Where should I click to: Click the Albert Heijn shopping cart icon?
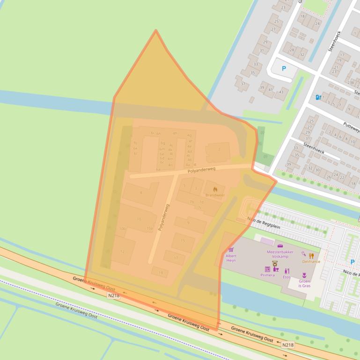[231, 250]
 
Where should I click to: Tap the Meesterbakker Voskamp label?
[280, 254]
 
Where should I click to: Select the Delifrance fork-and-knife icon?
[311, 256]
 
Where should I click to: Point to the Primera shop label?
[267, 275]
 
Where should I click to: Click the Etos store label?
[287, 277]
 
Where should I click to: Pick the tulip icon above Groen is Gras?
[305, 276]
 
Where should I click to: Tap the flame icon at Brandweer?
[215, 189]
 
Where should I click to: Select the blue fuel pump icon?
[318, 97]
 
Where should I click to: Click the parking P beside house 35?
[283, 69]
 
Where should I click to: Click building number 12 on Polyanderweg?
[122, 252]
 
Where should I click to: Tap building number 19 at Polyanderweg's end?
[160, 272]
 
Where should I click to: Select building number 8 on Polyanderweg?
[140, 193]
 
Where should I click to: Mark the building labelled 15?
[183, 241]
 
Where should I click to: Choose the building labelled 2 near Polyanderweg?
[219, 150]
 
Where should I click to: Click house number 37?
[243, 84]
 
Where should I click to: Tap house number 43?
[280, 92]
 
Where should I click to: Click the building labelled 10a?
[150, 228]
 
